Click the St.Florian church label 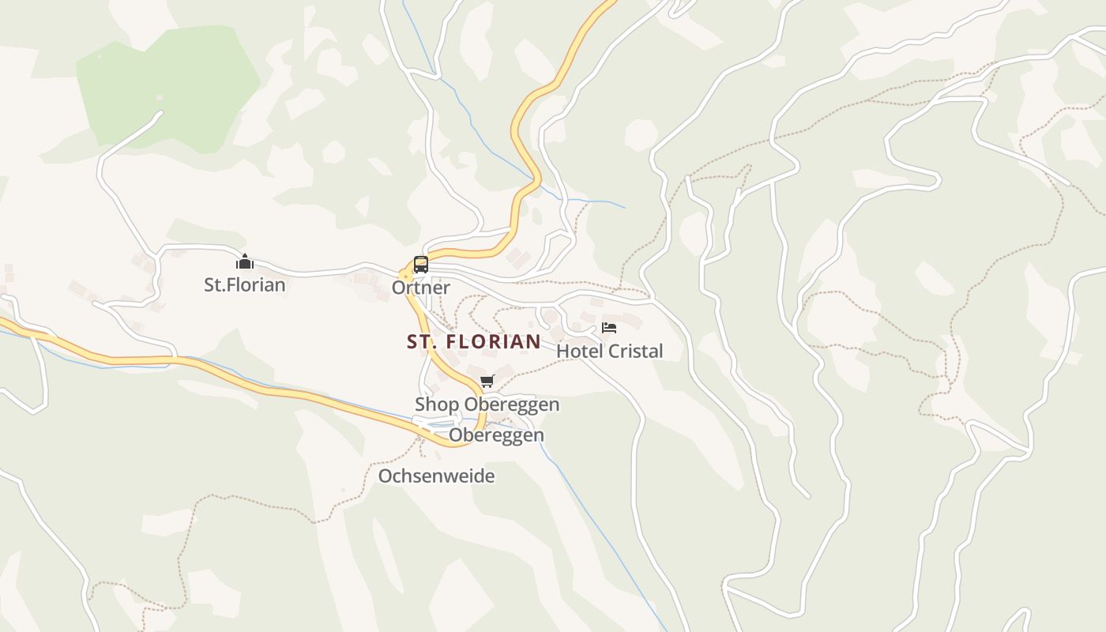[244, 284]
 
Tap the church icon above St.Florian [245, 261]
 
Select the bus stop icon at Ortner [421, 265]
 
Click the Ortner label [421, 288]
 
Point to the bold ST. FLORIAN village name [474, 341]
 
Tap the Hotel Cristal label [609, 351]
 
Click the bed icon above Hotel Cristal [609, 328]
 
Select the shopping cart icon [487, 382]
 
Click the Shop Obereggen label [487, 404]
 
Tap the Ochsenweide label [436, 476]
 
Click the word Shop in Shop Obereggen [437, 404]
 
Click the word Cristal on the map [634, 351]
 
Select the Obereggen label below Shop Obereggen [496, 435]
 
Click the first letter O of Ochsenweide [385, 476]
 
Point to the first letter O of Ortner [398, 288]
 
